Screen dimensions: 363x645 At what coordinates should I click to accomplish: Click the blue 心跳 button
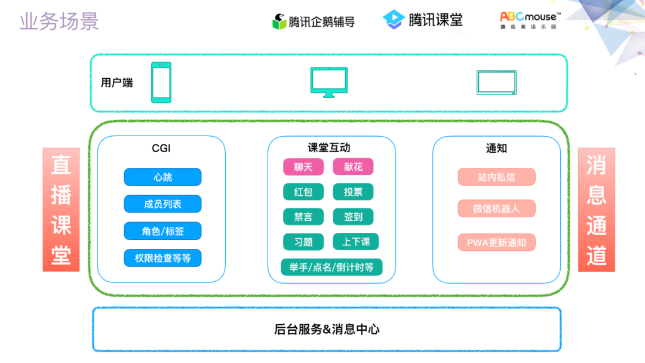point(162,177)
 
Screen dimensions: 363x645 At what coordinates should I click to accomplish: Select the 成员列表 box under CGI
point(162,204)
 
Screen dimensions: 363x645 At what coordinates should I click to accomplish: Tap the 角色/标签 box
point(162,231)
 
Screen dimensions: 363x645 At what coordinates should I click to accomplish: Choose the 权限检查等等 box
point(162,258)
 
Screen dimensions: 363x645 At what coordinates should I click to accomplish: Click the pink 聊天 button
point(303,167)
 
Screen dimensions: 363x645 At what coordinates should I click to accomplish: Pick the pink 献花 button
point(352,167)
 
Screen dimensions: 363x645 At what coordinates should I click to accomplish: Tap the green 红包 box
point(303,192)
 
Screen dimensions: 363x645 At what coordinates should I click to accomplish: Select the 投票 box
point(352,192)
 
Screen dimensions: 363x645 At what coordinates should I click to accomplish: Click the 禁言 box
point(303,217)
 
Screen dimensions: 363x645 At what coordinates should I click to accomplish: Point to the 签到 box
point(352,217)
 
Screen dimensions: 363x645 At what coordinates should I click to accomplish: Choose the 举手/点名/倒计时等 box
point(331,267)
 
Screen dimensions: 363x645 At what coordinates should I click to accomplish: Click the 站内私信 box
point(496,177)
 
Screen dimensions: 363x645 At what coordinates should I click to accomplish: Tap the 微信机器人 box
point(496,208)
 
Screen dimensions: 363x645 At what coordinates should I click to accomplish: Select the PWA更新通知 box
point(496,242)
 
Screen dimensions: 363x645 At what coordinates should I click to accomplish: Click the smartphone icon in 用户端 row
point(161,82)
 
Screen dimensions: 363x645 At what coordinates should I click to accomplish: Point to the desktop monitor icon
point(328,82)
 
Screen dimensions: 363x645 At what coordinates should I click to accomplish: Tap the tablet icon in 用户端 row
point(496,82)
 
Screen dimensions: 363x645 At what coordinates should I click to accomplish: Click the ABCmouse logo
point(530,20)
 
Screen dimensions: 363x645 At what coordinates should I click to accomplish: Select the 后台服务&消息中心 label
point(327,329)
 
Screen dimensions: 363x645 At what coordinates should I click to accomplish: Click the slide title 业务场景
point(59,21)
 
